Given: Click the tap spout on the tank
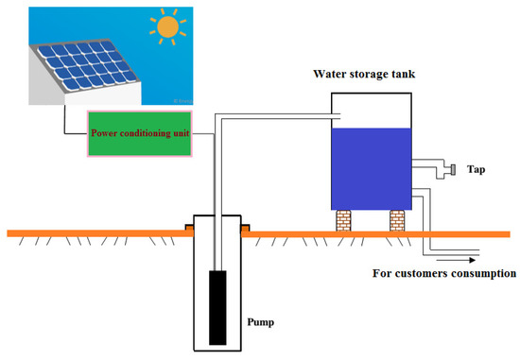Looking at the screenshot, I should point(452,170).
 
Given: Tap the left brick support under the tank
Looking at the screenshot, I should point(343,221).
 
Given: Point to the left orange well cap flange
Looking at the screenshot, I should point(190,229).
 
